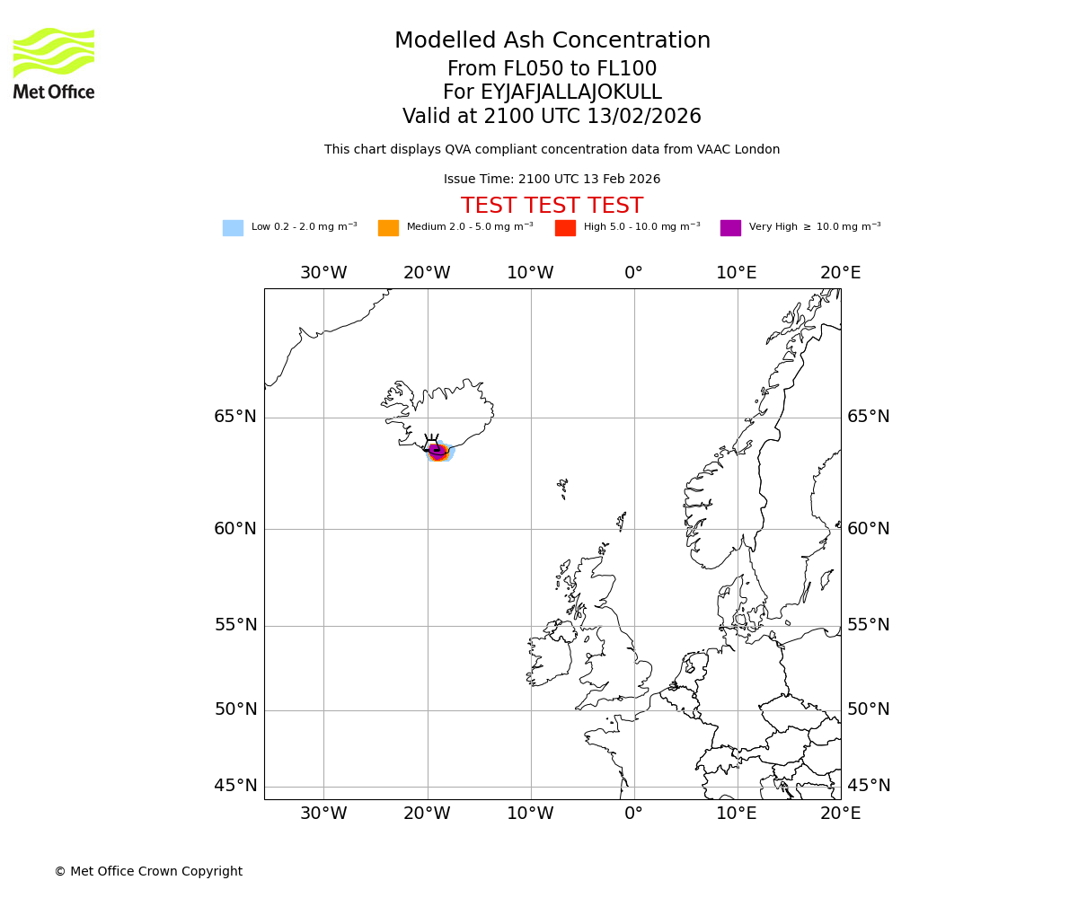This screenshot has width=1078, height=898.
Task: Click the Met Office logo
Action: tap(54, 63)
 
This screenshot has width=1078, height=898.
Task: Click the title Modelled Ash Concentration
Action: tap(552, 41)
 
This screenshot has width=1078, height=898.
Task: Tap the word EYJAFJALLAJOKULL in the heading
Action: tap(571, 92)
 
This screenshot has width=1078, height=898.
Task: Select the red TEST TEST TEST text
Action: tap(552, 207)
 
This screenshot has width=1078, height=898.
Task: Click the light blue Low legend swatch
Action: tap(233, 228)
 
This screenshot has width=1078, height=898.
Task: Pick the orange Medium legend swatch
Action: tap(388, 228)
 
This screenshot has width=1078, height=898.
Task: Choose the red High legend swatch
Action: tap(565, 228)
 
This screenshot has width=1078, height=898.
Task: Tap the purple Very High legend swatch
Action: tap(730, 228)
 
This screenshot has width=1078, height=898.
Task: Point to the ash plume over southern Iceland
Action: tap(438, 452)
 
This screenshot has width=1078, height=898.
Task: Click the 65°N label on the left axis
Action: tap(235, 417)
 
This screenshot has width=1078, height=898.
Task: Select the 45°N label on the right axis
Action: tap(869, 786)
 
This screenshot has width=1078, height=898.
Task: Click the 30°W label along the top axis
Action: tap(323, 273)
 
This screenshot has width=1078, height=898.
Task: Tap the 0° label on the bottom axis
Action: tap(633, 814)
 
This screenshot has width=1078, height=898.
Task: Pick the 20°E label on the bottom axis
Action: tap(840, 814)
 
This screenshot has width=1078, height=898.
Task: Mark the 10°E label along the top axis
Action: tap(737, 273)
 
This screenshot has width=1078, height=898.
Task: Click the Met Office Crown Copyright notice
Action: tap(148, 871)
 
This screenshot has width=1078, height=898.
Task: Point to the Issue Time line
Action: tap(552, 180)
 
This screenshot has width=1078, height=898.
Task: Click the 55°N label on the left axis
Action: tap(235, 625)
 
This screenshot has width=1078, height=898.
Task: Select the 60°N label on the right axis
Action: tap(869, 528)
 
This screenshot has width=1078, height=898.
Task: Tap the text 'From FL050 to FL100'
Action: tap(552, 69)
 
